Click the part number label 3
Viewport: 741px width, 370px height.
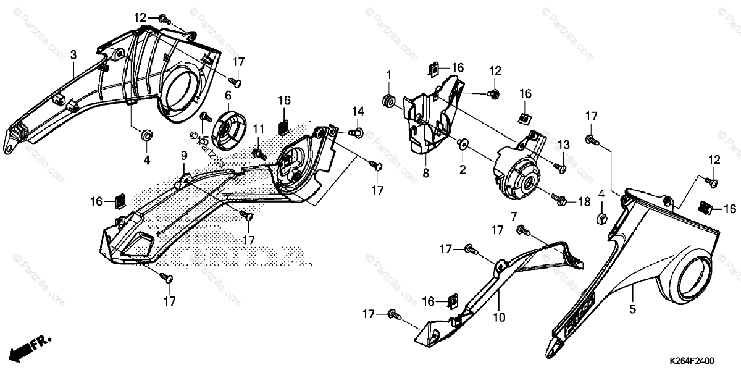(x=73, y=55)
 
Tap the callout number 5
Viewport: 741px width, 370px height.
(x=632, y=307)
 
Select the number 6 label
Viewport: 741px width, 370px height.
(x=228, y=95)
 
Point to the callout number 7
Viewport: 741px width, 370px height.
(x=513, y=216)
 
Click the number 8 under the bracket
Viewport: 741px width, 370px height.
(x=425, y=174)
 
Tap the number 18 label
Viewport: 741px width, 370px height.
(x=585, y=202)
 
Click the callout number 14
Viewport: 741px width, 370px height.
(x=359, y=111)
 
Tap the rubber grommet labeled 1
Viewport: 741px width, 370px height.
(x=389, y=100)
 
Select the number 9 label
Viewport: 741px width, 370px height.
(x=184, y=155)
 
